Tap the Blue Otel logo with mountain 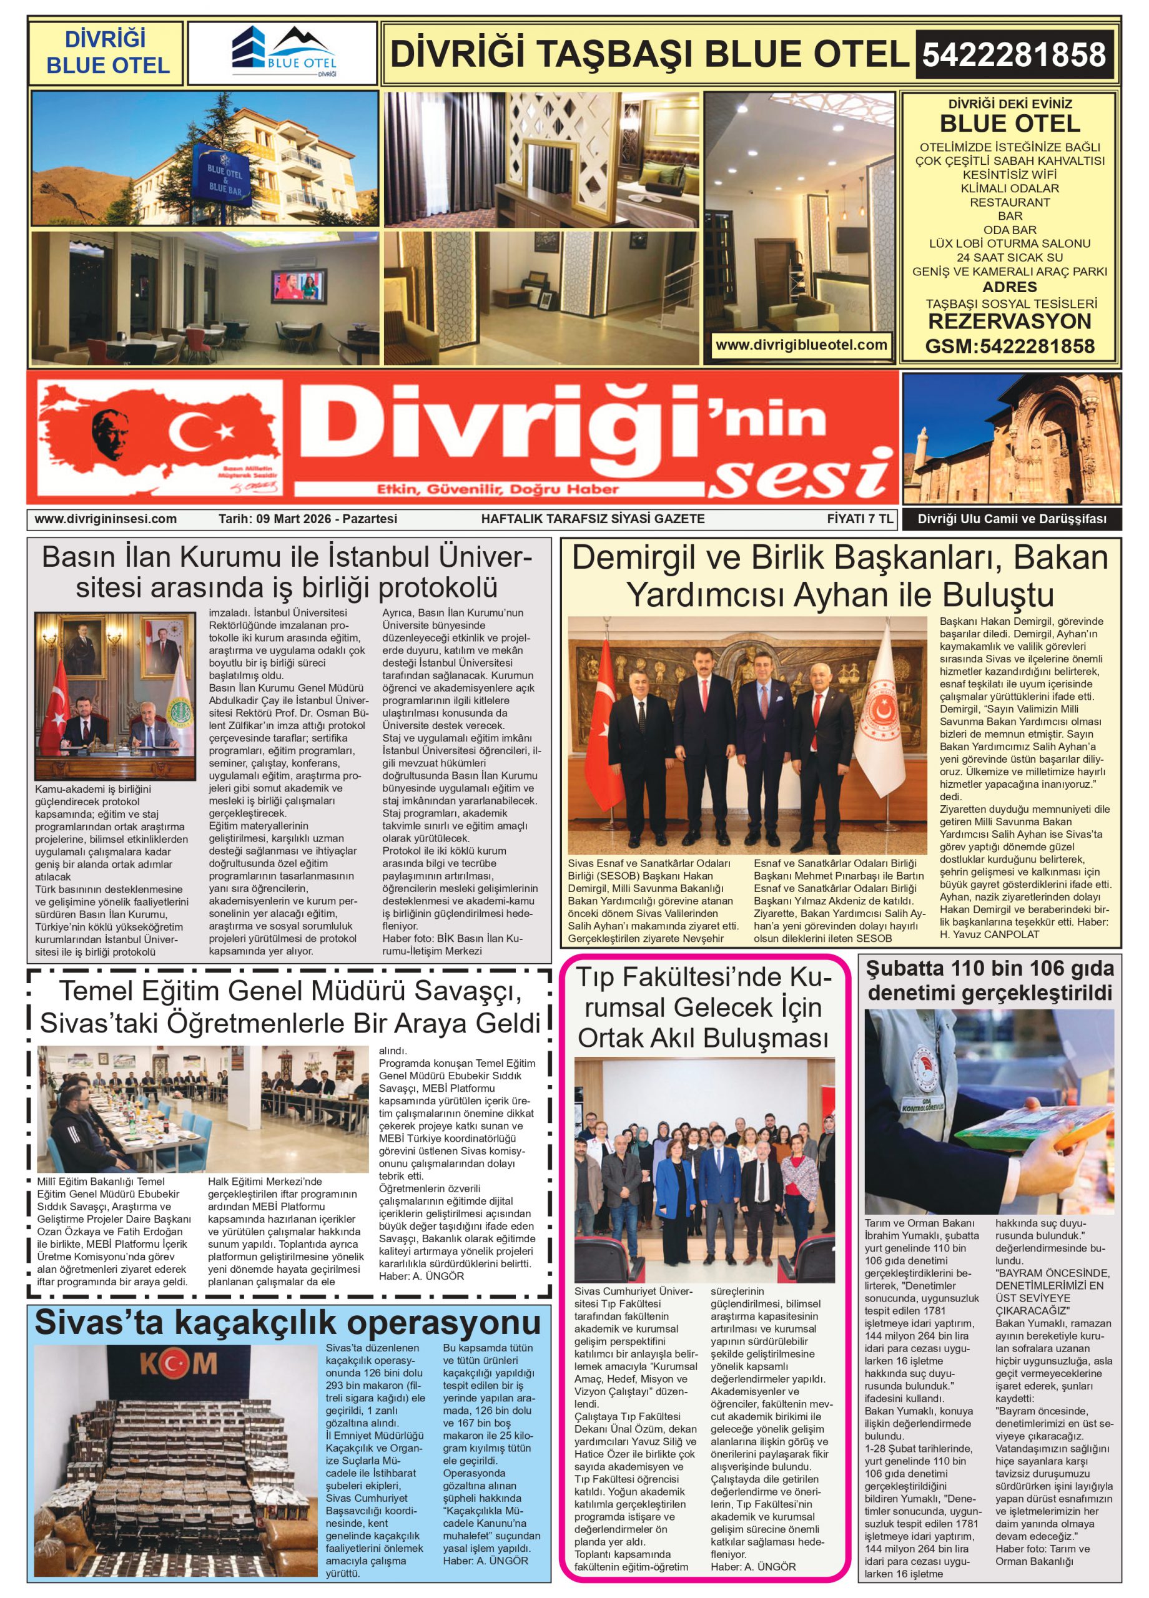tap(284, 53)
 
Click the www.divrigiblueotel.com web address tap(801, 345)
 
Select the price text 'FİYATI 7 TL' tap(859, 519)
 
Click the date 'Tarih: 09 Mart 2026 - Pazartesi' tap(307, 519)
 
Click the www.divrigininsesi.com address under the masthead tap(105, 519)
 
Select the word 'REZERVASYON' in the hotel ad tap(1009, 322)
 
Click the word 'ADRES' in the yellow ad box tap(1009, 287)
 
